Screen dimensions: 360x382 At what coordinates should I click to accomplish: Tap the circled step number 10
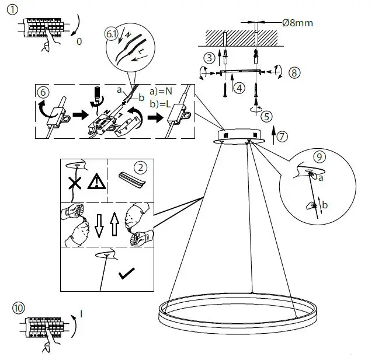(19, 308)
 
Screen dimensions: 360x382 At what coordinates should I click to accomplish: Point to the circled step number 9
(318, 156)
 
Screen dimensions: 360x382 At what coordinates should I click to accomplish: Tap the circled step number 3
(209, 57)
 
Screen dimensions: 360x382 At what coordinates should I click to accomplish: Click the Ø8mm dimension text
(297, 23)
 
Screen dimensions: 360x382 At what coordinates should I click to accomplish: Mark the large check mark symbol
(126, 274)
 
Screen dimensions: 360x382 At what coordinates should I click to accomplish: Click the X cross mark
(74, 183)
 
